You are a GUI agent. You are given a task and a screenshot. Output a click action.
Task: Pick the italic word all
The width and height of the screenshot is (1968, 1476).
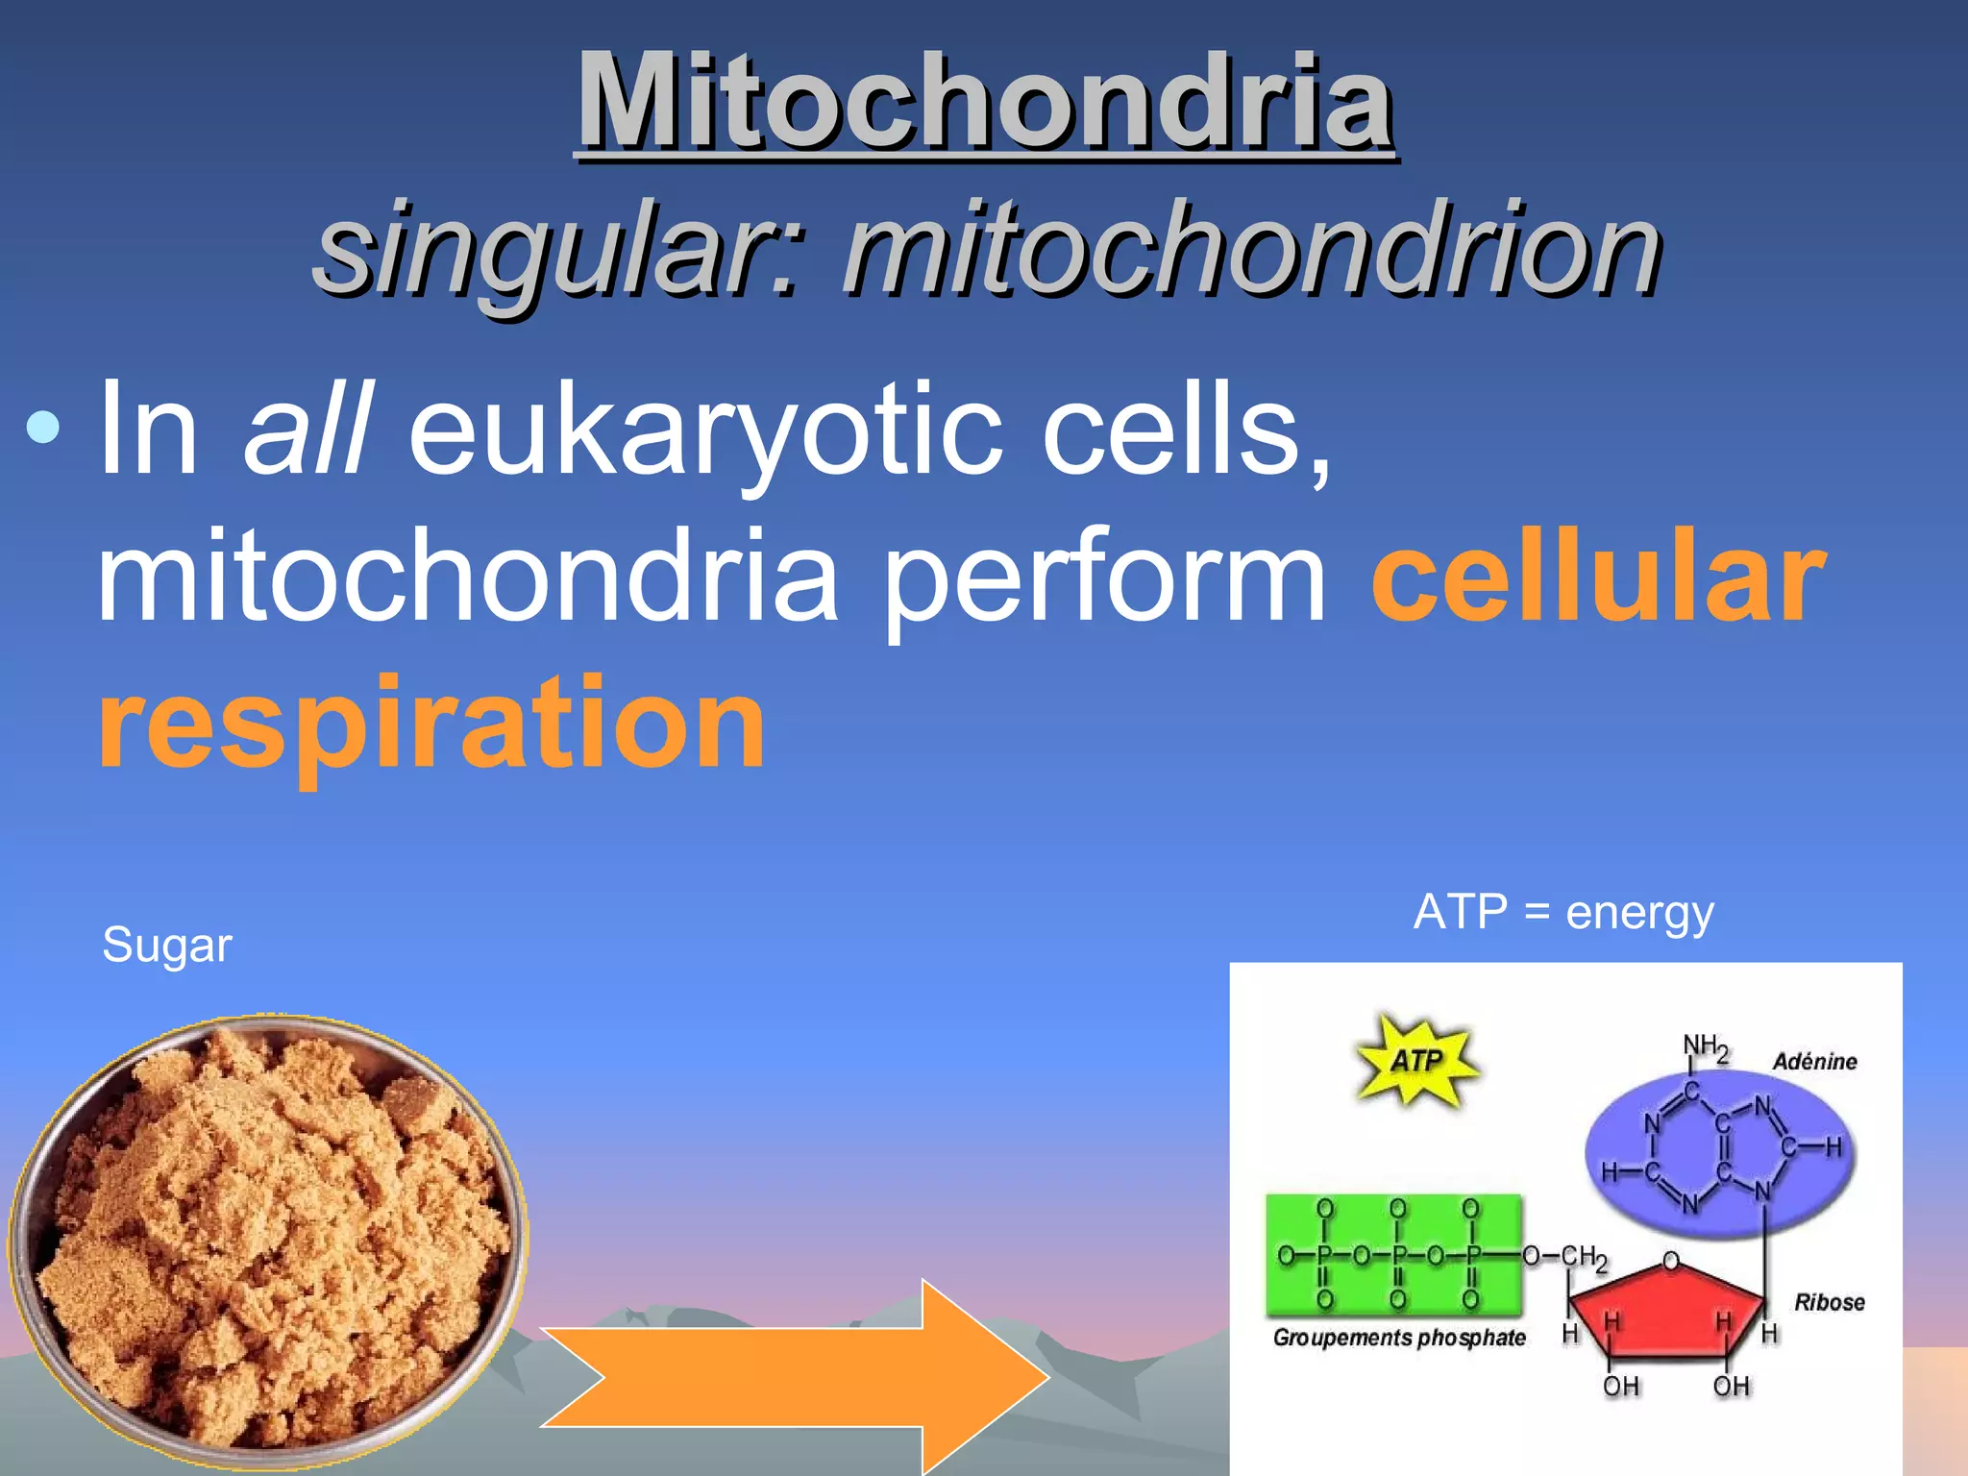306,428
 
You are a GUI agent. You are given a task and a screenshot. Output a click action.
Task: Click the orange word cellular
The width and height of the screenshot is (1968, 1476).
1597,577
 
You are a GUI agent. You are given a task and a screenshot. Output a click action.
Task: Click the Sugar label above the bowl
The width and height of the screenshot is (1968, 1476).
167,946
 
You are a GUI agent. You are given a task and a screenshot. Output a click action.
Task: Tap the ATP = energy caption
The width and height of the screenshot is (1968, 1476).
1563,912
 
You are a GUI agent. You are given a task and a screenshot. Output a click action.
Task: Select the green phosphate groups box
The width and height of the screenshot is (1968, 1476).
1393,1254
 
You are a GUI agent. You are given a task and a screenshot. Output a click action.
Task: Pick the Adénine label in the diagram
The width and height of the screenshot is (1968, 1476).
1814,1062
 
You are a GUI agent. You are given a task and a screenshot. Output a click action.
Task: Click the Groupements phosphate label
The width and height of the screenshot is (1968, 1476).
1399,1338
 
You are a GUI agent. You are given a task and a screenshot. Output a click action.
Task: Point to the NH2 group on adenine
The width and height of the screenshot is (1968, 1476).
1706,1047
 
